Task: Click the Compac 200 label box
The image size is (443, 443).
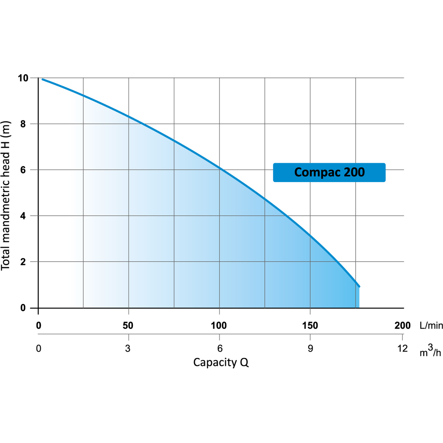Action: click(x=329, y=172)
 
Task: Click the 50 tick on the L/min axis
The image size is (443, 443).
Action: click(x=129, y=326)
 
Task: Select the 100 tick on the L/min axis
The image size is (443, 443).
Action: click(x=219, y=326)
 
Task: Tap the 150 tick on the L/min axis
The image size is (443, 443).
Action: click(x=310, y=326)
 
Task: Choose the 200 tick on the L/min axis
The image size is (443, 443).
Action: click(x=402, y=326)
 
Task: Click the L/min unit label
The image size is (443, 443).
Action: click(x=431, y=326)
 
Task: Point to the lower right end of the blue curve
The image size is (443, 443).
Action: click(x=359, y=286)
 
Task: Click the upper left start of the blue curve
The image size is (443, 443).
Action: click(x=43, y=80)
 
